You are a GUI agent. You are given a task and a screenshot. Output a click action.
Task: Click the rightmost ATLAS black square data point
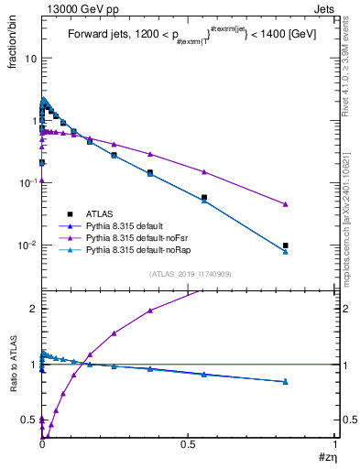pos(286,245)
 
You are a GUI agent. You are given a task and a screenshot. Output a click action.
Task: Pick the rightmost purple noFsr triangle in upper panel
pos(286,204)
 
